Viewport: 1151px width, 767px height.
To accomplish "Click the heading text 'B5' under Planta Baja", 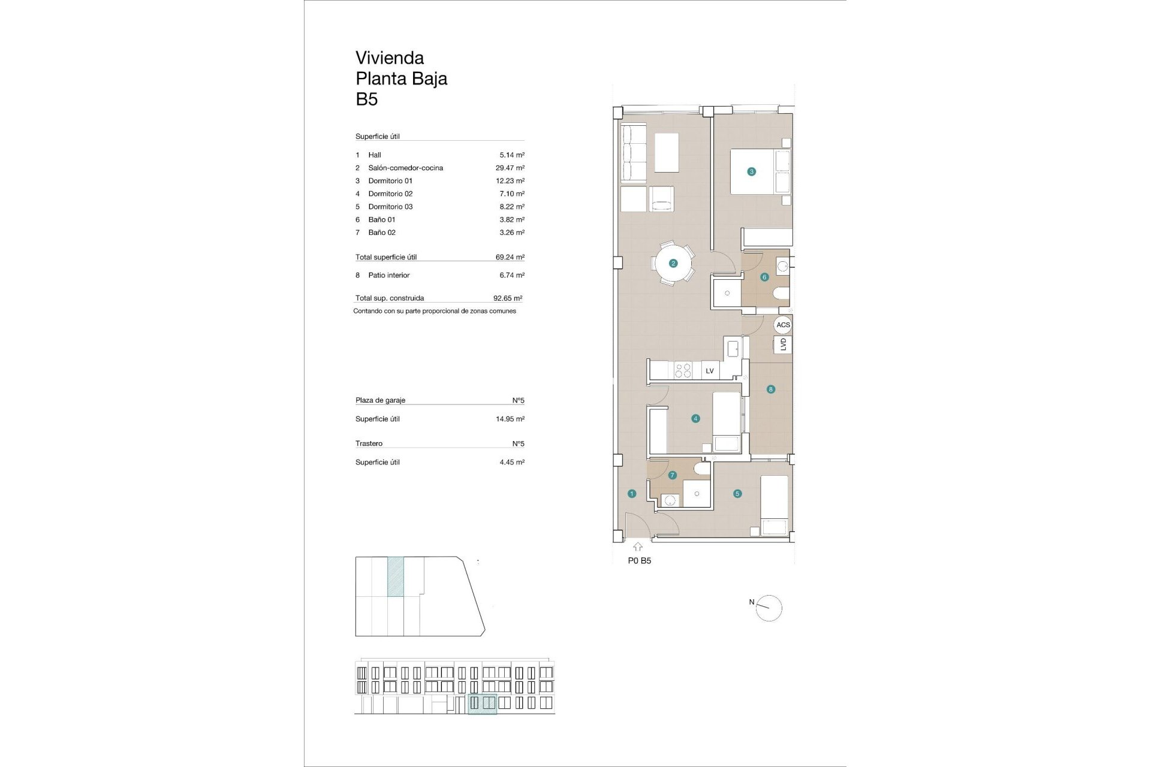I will pyautogui.click(x=366, y=99).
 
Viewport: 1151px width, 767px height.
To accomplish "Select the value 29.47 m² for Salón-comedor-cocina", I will pyautogui.click(x=510, y=168).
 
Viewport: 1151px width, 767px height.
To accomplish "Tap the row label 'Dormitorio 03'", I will pyautogui.click(x=390, y=207).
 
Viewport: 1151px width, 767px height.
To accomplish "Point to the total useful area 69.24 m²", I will pyautogui.click(x=510, y=257).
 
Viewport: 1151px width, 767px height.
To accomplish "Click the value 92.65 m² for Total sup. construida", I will pyautogui.click(x=507, y=298).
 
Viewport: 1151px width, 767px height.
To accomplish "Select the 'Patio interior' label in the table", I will pyautogui.click(x=388, y=276).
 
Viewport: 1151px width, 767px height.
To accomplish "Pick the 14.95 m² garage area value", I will pyautogui.click(x=510, y=419).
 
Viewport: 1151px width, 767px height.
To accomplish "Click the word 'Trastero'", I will pyautogui.click(x=369, y=444).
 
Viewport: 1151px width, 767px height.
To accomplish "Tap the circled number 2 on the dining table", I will pyautogui.click(x=673, y=263).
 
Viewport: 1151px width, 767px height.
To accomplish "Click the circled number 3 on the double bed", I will pyautogui.click(x=751, y=171).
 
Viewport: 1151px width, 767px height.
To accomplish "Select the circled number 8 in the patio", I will pyautogui.click(x=770, y=389).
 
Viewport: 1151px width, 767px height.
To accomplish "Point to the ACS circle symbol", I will pyautogui.click(x=783, y=325).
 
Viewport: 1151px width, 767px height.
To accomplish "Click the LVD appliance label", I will pyautogui.click(x=783, y=345).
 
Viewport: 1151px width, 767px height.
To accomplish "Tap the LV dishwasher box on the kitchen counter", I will pyautogui.click(x=710, y=371).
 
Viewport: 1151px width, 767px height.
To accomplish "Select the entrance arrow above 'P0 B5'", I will pyautogui.click(x=637, y=547).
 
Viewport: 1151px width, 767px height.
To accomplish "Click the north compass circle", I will pyautogui.click(x=769, y=609).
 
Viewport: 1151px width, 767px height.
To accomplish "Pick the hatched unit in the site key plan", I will pyautogui.click(x=395, y=576).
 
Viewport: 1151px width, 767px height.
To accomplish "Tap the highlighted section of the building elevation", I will pyautogui.click(x=482, y=704).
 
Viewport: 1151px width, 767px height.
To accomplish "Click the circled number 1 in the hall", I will pyautogui.click(x=632, y=494).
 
